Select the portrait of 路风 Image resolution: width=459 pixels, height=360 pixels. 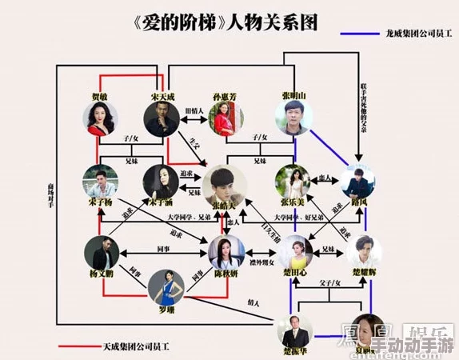[357, 182]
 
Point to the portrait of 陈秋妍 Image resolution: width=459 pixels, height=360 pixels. [225, 251]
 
